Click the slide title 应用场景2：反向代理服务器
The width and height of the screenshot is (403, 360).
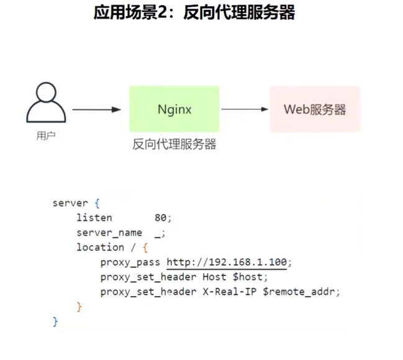click(194, 13)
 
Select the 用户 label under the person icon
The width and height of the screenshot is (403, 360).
click(46, 135)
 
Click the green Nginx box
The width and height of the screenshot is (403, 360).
click(174, 109)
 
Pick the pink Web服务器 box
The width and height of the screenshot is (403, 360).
click(314, 109)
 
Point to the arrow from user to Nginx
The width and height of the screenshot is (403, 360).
click(96, 110)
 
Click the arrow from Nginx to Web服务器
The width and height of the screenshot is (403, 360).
click(244, 109)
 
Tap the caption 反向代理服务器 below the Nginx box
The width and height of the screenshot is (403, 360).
click(174, 144)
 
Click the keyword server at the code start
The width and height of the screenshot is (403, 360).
click(71, 203)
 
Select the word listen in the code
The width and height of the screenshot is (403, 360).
click(94, 218)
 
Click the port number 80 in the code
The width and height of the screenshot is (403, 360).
click(161, 218)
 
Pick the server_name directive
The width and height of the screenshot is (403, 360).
click(109, 233)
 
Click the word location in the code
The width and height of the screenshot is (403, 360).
click(100, 247)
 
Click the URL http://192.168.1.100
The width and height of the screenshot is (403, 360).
click(227, 262)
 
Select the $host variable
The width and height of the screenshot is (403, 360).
click(250, 277)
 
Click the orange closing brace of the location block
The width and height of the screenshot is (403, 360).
click(79, 306)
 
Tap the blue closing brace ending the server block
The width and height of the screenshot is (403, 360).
click(55, 321)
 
